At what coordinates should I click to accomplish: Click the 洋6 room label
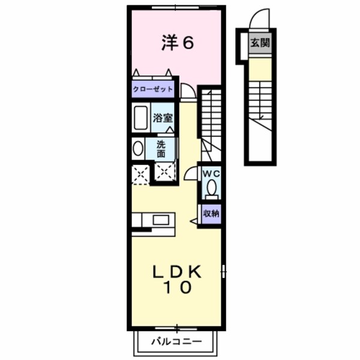pos(178,43)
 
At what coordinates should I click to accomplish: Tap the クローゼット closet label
pos(153,89)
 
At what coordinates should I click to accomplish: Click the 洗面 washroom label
pos(161,148)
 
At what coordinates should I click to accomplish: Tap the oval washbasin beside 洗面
pos(138,148)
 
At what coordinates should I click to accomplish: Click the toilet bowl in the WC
pos(211,189)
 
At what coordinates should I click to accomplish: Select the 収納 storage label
pos(210,213)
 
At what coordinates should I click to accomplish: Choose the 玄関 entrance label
pos(260,43)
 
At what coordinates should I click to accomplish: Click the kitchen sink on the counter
pos(160,220)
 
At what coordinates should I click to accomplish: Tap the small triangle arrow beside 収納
pos(194,221)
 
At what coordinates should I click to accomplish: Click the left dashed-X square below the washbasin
pos(140,173)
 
